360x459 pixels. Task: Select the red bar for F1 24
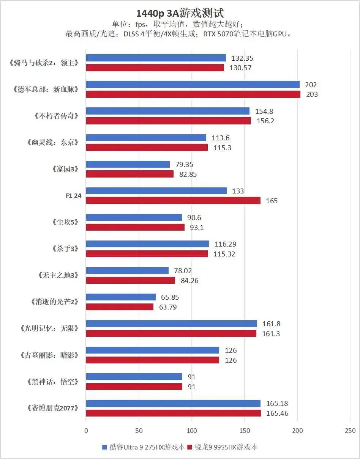click(173, 201)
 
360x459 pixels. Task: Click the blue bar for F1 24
click(156, 191)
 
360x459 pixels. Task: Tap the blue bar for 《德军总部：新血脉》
click(193, 85)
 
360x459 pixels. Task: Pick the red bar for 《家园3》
click(129, 174)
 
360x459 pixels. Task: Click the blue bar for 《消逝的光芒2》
click(121, 297)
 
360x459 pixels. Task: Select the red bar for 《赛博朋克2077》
click(173, 413)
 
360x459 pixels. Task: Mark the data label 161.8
click(272, 324)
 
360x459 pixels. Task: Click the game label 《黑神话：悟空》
click(54, 382)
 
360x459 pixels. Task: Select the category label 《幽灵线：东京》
click(54, 143)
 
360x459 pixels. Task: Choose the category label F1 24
click(73, 196)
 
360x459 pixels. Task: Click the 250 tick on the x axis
click(350, 431)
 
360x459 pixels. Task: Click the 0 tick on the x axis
click(86, 431)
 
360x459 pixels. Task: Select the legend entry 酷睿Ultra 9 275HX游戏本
click(144, 447)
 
